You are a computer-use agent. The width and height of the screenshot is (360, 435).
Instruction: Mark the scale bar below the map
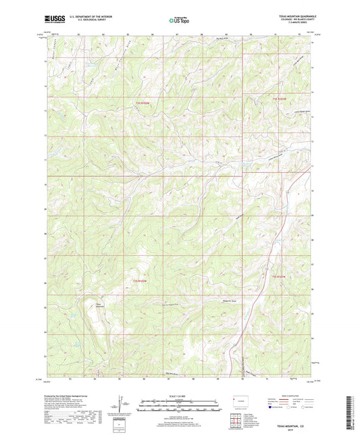point(180,405)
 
